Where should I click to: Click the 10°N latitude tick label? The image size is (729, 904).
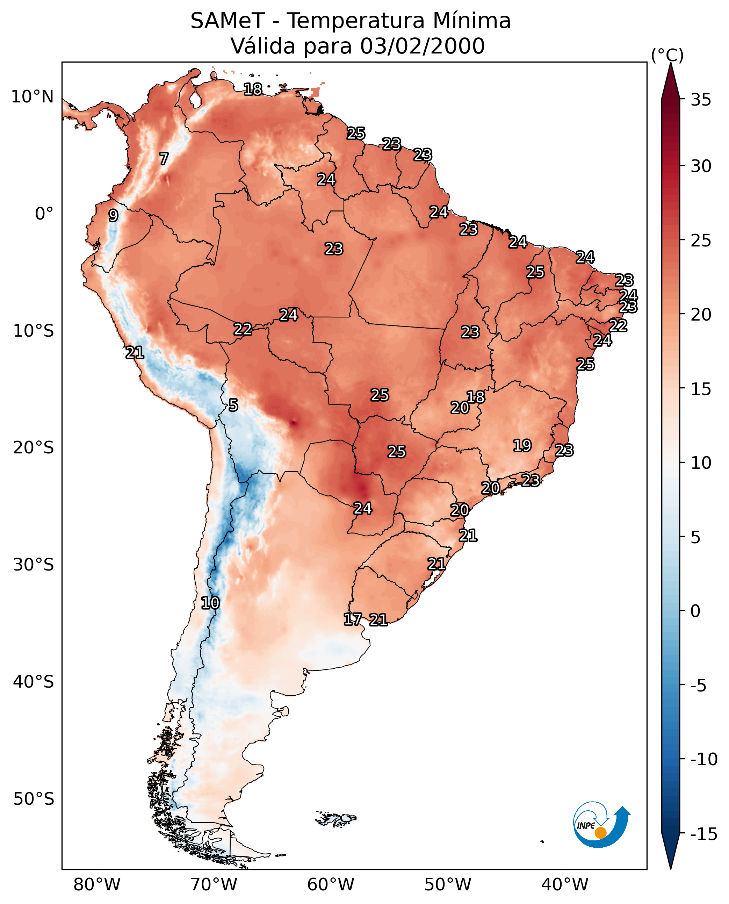pos(33,97)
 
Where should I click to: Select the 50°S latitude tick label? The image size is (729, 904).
pos(34,798)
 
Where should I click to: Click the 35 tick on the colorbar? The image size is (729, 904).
pos(701,100)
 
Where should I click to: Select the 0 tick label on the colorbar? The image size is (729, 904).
pos(695,611)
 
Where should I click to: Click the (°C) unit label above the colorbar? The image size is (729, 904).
pos(667,55)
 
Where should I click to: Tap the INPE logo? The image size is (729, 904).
pos(601,825)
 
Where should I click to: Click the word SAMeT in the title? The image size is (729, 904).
pos(227,21)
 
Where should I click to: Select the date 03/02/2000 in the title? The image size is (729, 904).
pos(422,46)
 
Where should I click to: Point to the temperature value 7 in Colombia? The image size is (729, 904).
pos(164,159)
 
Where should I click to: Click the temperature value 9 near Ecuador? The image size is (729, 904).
pos(113,215)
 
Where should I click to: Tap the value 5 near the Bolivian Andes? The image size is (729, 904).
pos(233,406)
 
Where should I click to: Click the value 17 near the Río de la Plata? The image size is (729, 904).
pos(352,619)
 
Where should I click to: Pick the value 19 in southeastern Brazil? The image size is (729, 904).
pos(522,446)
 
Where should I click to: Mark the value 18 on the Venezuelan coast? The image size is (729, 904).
pos(253,89)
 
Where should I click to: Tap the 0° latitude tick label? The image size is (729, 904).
pos(44,214)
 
